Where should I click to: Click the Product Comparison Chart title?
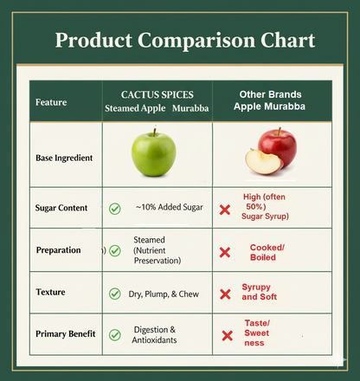coord(184,42)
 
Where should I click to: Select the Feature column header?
coord(51,102)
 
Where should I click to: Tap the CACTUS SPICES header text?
coord(157,94)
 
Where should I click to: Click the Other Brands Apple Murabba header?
coord(270,100)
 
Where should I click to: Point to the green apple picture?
coord(154,154)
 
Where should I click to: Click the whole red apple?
coord(278,146)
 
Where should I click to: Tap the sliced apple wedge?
coord(262,162)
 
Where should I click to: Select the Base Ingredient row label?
coord(64,158)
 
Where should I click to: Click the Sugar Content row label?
coord(61,209)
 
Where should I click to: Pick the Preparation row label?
coord(58,250)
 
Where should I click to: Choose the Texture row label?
coord(50,293)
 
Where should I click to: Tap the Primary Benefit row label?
coord(64,333)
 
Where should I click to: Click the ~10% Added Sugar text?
coord(169,208)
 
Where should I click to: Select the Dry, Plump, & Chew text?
coord(164,294)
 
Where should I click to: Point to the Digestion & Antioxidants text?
coord(155,334)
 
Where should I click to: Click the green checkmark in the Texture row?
coord(114,294)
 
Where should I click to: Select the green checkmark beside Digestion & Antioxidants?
coord(114,334)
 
